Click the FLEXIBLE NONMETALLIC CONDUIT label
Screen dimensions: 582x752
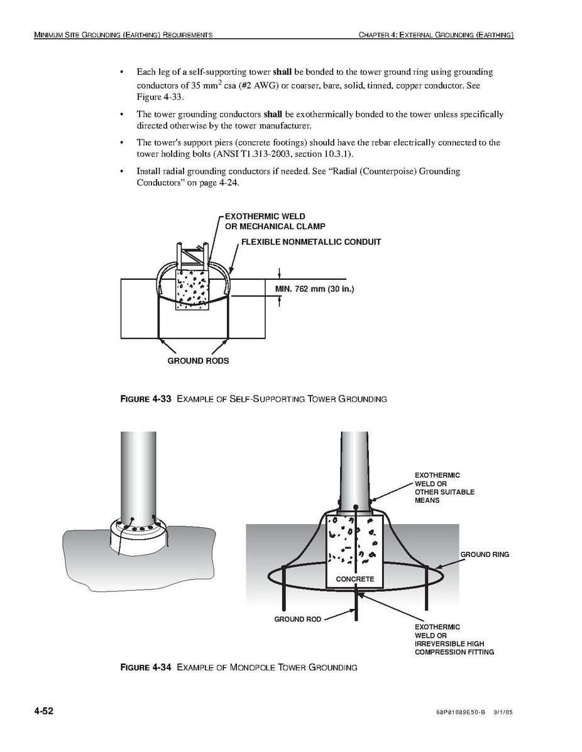[311, 242]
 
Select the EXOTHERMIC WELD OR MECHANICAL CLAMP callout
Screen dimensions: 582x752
[275, 221]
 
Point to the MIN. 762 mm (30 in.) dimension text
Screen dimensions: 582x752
[314, 289]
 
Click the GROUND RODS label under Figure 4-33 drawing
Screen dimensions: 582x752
[199, 361]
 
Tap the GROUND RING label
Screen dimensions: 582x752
[485, 554]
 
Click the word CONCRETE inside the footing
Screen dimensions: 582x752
[355, 579]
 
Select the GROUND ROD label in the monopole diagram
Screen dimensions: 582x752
[298, 619]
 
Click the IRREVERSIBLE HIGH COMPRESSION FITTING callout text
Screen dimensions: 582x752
[454, 648]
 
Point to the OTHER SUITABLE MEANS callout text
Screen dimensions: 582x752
[444, 496]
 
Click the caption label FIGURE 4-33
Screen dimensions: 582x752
[146, 399]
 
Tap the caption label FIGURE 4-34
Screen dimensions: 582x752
[146, 667]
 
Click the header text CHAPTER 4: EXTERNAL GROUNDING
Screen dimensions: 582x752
[436, 35]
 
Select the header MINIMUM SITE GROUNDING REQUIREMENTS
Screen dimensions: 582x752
[123, 35]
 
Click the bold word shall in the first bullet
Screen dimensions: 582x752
[282, 72]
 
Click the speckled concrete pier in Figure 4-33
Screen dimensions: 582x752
[192, 289]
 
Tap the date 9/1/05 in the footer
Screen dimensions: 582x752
[503, 712]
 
